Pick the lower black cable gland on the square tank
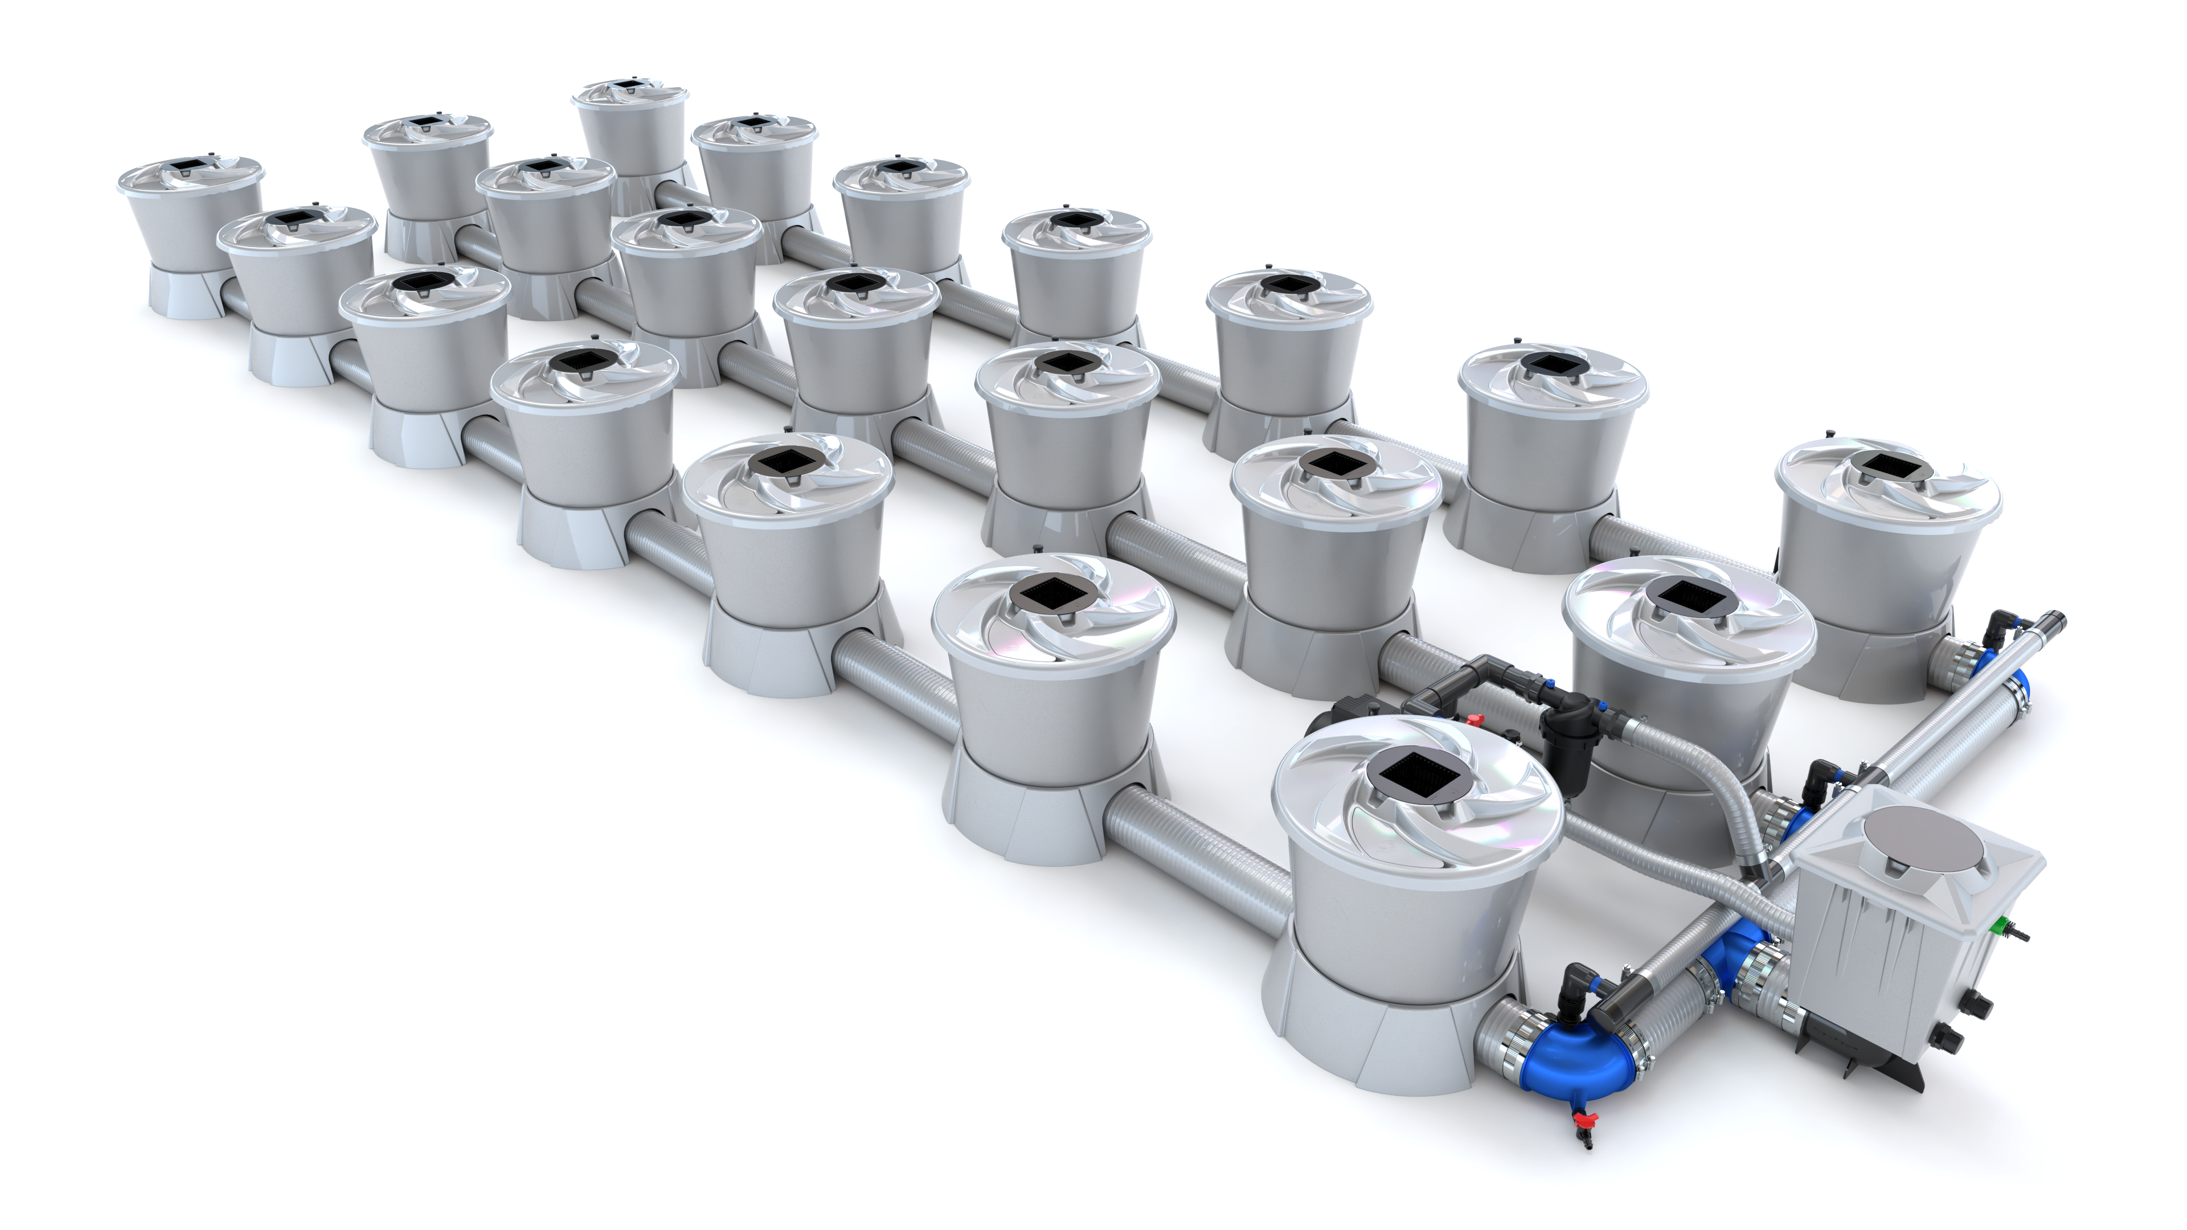click(x=1945, y=1039)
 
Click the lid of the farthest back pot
click(x=629, y=92)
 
